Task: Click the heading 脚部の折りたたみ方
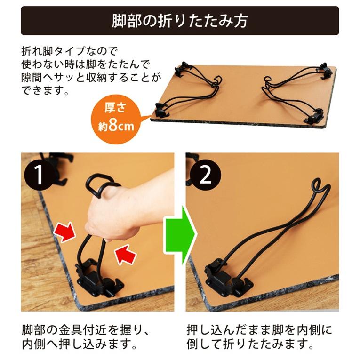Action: [x=180, y=21]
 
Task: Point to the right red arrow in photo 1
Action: [x=126, y=255]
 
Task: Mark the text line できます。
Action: [x=46, y=89]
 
